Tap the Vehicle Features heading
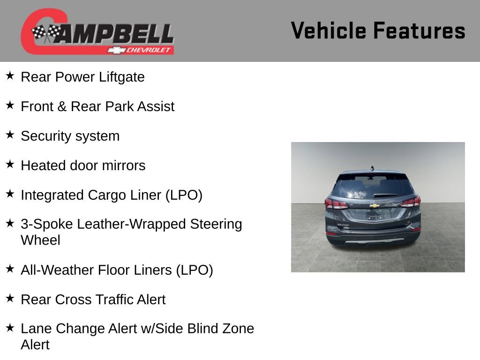[x=378, y=31]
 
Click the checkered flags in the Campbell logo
[x=46, y=33]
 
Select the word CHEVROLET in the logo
[x=150, y=50]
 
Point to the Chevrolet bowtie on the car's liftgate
[x=374, y=205]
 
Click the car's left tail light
[x=336, y=204]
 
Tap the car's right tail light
[x=411, y=202]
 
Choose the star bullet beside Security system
[x=10, y=135]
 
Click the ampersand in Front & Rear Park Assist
[x=62, y=107]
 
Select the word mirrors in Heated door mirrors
[x=125, y=166]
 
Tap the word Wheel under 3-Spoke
[x=40, y=240]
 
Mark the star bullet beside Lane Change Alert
[x=10, y=328]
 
